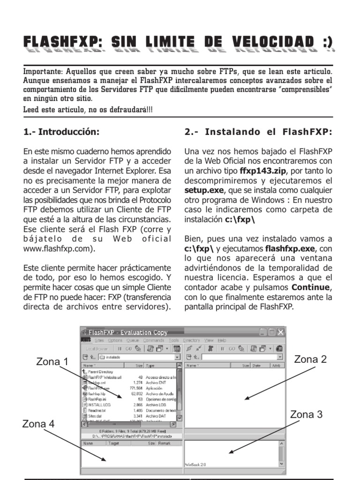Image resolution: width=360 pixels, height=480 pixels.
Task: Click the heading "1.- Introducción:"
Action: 61,132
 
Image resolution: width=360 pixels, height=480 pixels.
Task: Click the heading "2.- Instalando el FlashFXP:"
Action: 258,132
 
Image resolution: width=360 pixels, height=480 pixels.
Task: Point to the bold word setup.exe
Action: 204,190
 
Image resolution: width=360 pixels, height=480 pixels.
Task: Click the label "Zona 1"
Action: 52,362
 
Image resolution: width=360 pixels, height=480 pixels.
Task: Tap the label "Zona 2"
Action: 310,360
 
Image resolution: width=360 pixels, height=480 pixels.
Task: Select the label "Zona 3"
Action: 306,414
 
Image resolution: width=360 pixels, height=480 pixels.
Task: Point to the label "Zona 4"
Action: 38,424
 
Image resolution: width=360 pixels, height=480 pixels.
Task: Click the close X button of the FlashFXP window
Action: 280,332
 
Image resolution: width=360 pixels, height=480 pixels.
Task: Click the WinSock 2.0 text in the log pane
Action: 196,464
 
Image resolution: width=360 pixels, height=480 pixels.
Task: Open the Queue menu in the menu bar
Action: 133,340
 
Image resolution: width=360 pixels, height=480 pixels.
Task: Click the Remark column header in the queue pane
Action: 165,442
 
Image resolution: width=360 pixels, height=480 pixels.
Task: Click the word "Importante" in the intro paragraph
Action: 40,72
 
